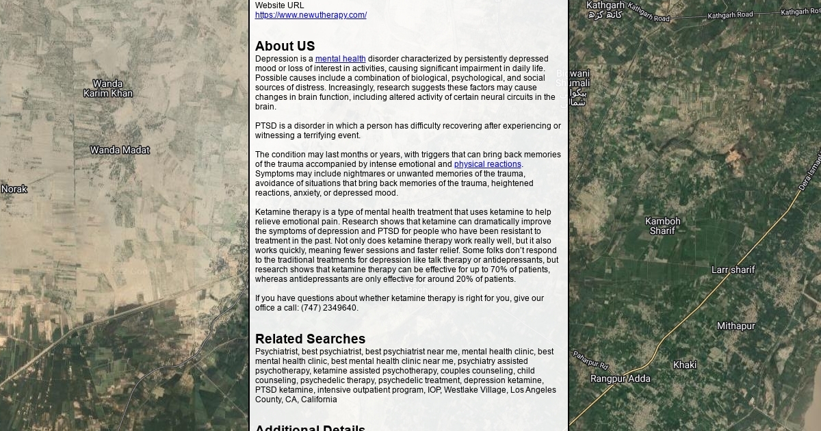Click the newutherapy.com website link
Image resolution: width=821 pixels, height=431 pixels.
coord(311,15)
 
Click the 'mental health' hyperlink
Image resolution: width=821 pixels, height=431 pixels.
coord(340,59)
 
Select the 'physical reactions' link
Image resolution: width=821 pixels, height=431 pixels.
coord(487,164)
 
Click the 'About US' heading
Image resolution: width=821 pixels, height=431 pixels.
coord(285,46)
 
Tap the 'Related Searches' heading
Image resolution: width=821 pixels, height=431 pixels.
coord(310,339)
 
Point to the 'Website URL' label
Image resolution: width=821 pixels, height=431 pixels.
coord(279,5)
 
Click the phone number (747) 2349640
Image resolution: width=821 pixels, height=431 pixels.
coord(328,308)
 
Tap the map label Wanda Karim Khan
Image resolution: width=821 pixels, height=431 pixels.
coord(108,88)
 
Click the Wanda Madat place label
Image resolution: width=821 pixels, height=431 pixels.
coord(120,150)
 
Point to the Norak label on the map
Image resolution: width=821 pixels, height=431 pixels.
coord(14,189)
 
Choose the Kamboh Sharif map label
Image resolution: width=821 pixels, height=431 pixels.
coord(662,226)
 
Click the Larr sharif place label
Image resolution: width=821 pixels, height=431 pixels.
coord(733,270)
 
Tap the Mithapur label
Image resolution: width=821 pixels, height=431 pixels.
coord(735,326)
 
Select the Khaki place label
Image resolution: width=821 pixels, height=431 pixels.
coord(684,365)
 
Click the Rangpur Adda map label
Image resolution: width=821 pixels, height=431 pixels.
coord(620,378)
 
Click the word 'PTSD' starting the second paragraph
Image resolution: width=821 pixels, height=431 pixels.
coord(266,126)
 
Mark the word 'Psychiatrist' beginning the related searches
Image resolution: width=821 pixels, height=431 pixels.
coord(276,352)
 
